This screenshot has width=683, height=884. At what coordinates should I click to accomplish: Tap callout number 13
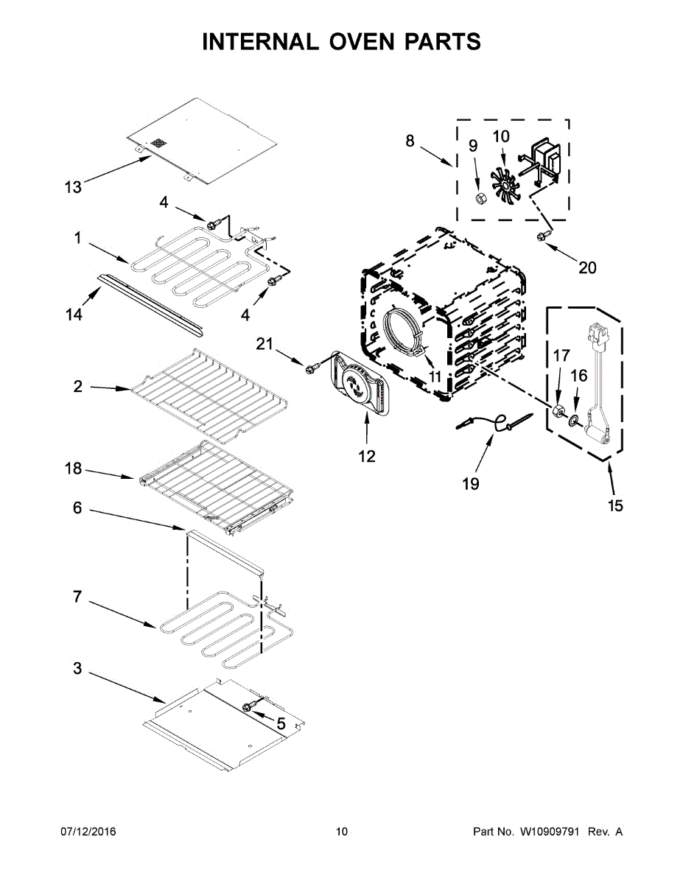click(x=73, y=187)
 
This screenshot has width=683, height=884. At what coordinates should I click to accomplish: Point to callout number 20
click(x=587, y=267)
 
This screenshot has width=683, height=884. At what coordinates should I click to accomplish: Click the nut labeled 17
click(x=558, y=412)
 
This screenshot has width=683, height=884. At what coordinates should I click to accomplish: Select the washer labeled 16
click(x=574, y=419)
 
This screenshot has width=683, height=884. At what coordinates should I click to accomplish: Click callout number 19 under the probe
click(x=471, y=484)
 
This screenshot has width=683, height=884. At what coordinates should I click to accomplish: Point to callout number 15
click(x=615, y=505)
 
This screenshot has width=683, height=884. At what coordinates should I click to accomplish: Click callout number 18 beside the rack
click(x=73, y=469)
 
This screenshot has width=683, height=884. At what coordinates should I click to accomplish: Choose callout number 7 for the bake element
click(x=77, y=597)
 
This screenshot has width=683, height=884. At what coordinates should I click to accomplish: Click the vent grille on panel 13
click(x=159, y=143)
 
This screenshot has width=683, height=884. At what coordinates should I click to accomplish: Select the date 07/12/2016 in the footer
click(x=88, y=832)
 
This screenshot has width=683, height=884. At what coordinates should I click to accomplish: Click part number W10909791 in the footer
click(x=548, y=832)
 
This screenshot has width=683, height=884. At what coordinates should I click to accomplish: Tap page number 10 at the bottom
click(x=342, y=832)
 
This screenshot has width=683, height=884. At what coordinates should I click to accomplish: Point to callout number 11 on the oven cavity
click(x=435, y=376)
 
